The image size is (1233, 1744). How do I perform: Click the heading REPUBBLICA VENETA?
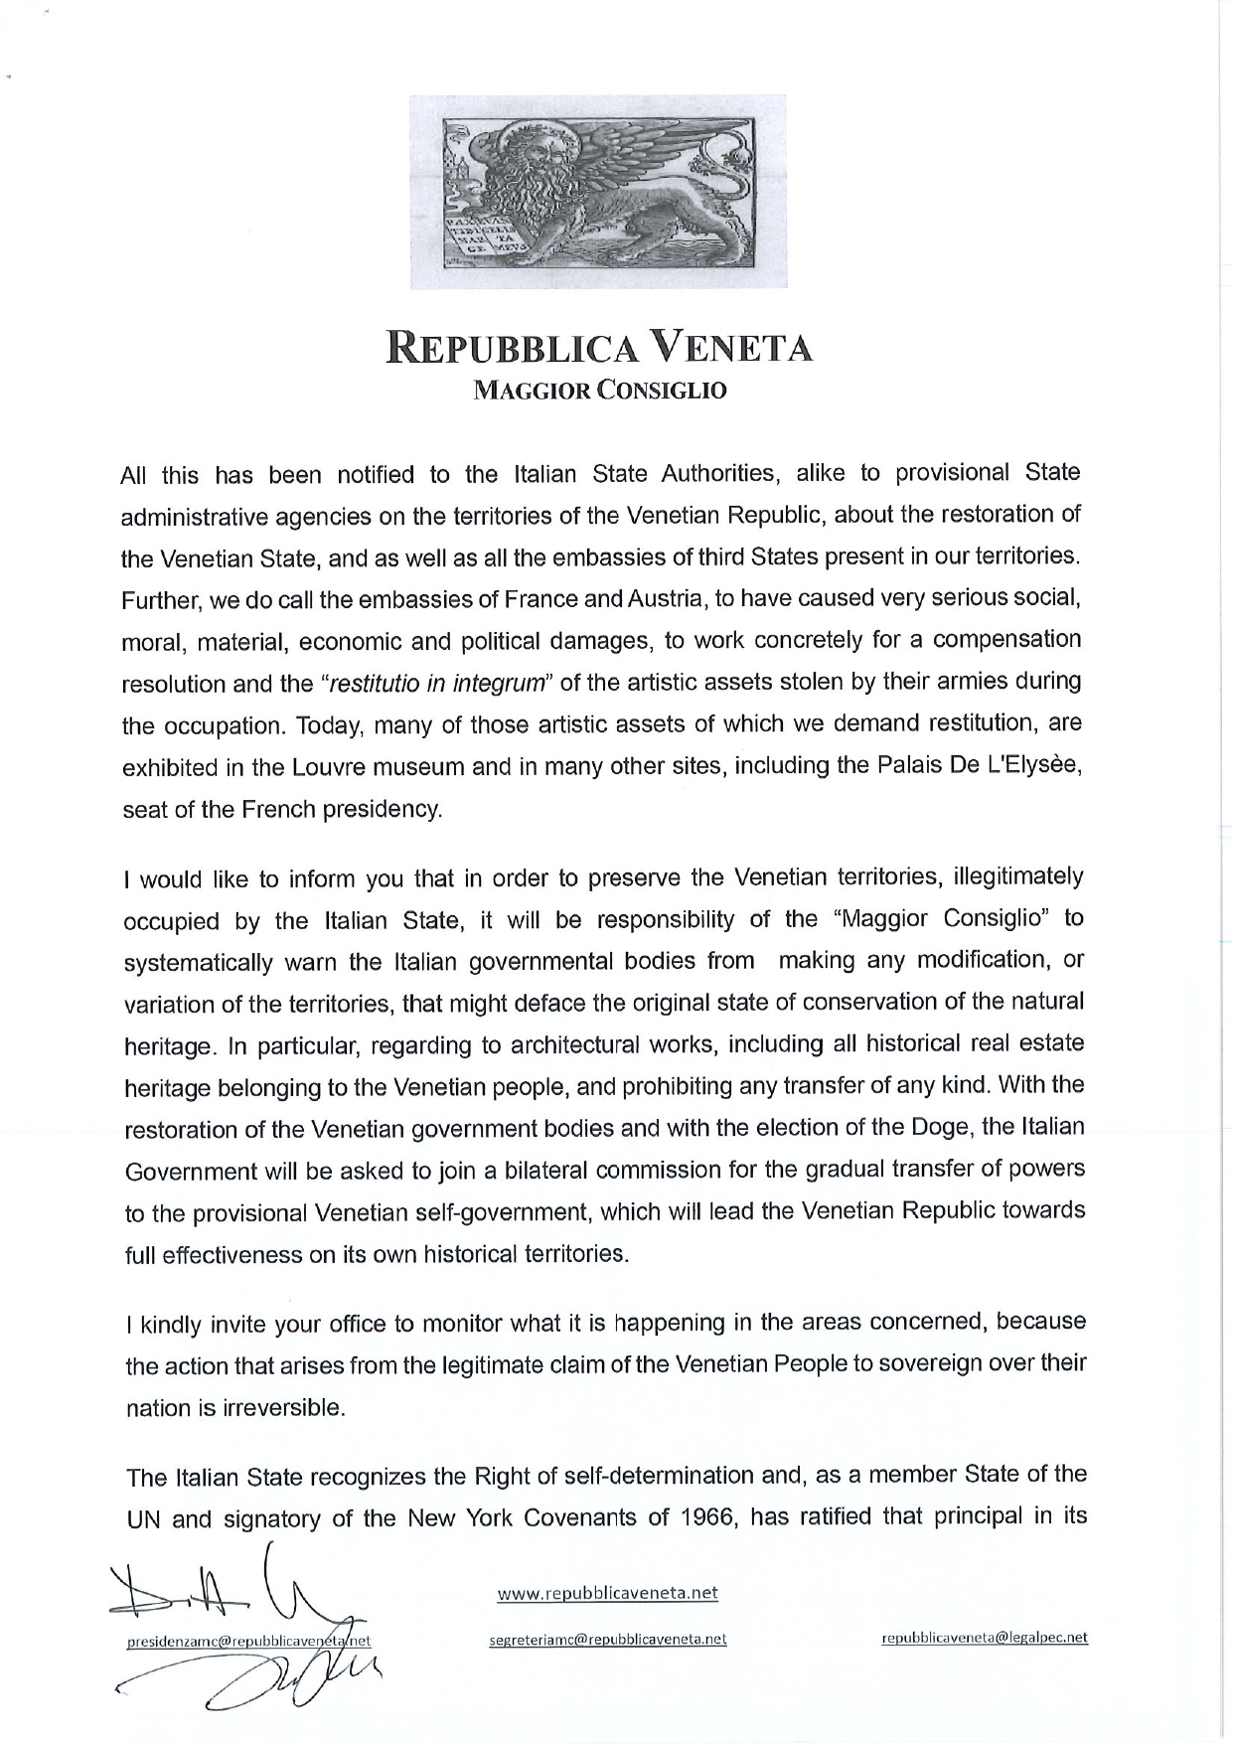click(x=599, y=350)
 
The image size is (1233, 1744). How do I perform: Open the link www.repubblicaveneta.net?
click(x=607, y=1593)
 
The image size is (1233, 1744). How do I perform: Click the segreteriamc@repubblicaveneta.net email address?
click(x=608, y=1639)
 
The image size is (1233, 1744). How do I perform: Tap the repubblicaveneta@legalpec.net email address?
click(x=984, y=1638)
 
